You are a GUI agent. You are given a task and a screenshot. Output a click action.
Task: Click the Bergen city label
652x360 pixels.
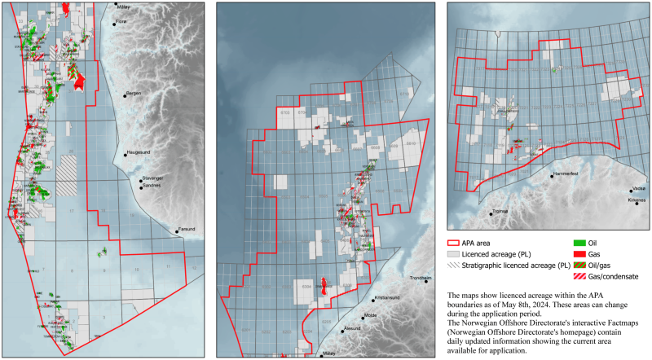coord(134,94)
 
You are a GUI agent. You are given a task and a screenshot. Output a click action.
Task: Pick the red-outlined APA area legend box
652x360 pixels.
coord(453,243)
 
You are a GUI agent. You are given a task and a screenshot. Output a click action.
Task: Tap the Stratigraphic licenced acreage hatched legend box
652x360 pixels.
coord(453,265)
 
